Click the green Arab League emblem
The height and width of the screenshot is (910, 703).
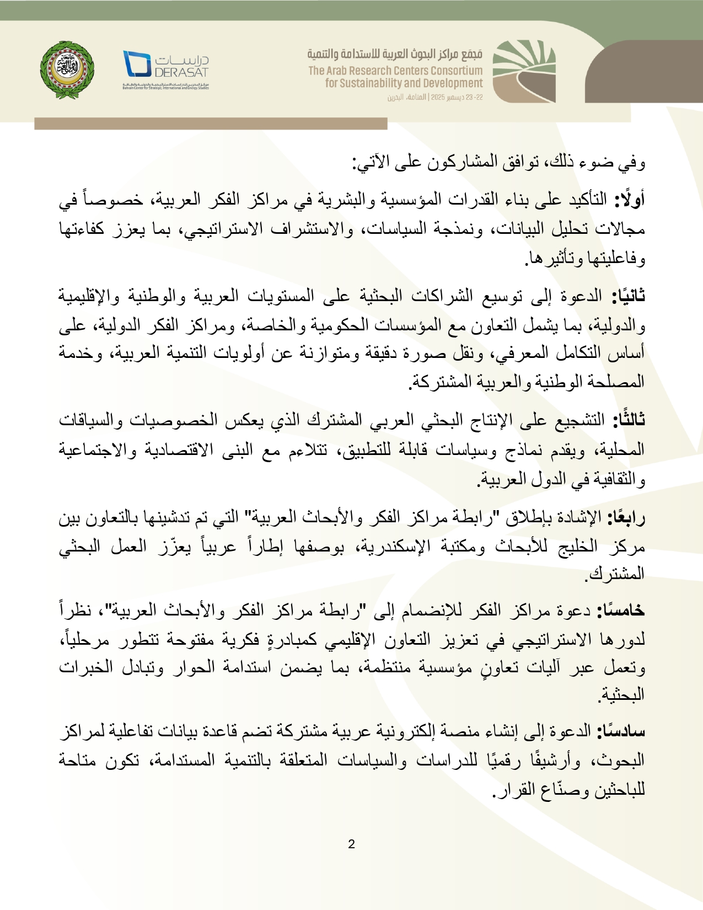(67, 69)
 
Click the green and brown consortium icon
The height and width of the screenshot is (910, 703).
(523, 71)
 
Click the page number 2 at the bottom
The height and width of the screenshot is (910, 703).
(351, 844)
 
